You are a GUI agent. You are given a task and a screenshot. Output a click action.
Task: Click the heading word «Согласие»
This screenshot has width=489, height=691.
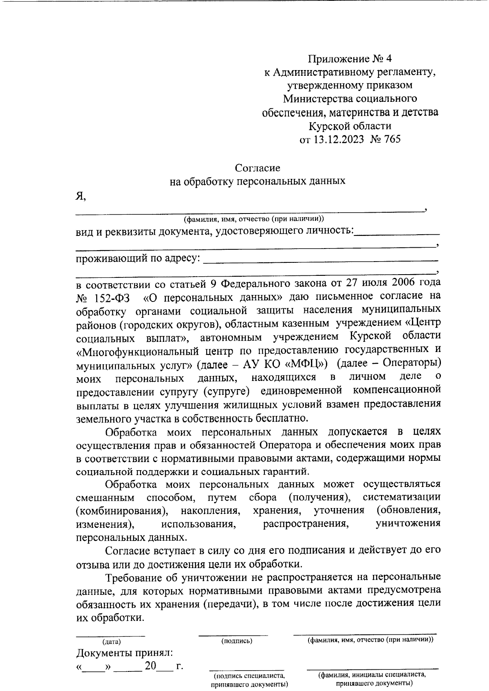[258, 167]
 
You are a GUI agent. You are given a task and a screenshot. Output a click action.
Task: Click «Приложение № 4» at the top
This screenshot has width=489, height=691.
[350, 59]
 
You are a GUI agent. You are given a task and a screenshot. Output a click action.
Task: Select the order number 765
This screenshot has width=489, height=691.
[392, 139]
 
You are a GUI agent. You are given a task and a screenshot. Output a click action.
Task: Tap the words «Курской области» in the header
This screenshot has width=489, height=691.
[350, 126]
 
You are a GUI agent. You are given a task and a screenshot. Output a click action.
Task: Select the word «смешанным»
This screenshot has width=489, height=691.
[105, 497]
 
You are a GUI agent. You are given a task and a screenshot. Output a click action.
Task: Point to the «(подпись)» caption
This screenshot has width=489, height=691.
[237, 641]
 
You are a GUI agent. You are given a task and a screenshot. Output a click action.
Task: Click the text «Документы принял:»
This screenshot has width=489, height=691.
[125, 653]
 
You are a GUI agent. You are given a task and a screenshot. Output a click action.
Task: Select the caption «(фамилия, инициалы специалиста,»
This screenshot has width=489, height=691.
[372, 674]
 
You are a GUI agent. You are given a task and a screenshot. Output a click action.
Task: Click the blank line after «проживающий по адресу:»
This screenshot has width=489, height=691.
[320, 259]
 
